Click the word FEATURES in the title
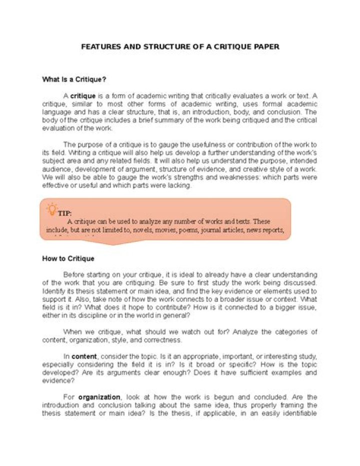point(99,47)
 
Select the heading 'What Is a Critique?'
point(74,79)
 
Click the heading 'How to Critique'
point(68,259)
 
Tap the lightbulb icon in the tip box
point(51,209)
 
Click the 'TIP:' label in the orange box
point(64,213)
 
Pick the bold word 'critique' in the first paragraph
point(83,95)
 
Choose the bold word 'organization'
point(99,397)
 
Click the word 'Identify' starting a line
point(53,291)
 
